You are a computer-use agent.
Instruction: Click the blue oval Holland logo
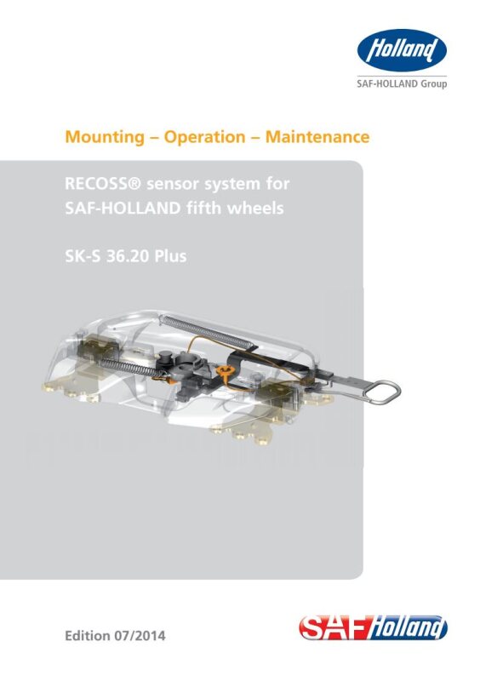coord(402,50)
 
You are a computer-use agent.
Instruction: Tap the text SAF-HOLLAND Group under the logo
coord(402,83)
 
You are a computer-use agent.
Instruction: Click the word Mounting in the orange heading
coord(105,137)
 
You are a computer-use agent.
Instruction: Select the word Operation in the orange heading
coord(204,137)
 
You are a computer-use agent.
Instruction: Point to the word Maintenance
coord(317,137)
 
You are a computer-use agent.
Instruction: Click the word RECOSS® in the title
coord(103,184)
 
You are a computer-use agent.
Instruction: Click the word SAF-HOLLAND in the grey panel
coord(123,208)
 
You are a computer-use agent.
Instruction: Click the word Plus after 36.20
coord(171,256)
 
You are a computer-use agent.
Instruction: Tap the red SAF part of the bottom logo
coord(334,628)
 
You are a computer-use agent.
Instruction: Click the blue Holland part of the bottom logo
coord(408,628)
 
